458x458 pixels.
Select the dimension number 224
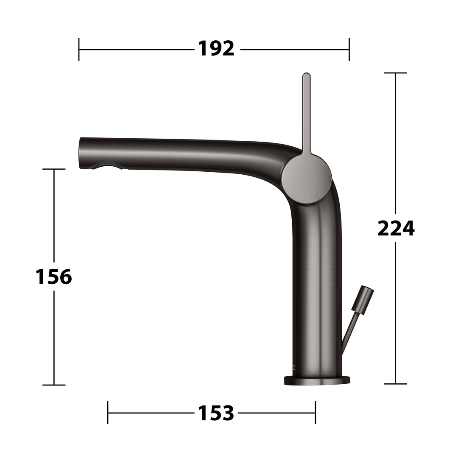point(396,229)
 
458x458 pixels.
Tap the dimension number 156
point(54,276)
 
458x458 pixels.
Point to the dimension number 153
point(216,413)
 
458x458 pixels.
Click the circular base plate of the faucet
point(317,380)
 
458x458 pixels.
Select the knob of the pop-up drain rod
point(363,300)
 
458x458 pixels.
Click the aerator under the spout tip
point(107,167)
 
